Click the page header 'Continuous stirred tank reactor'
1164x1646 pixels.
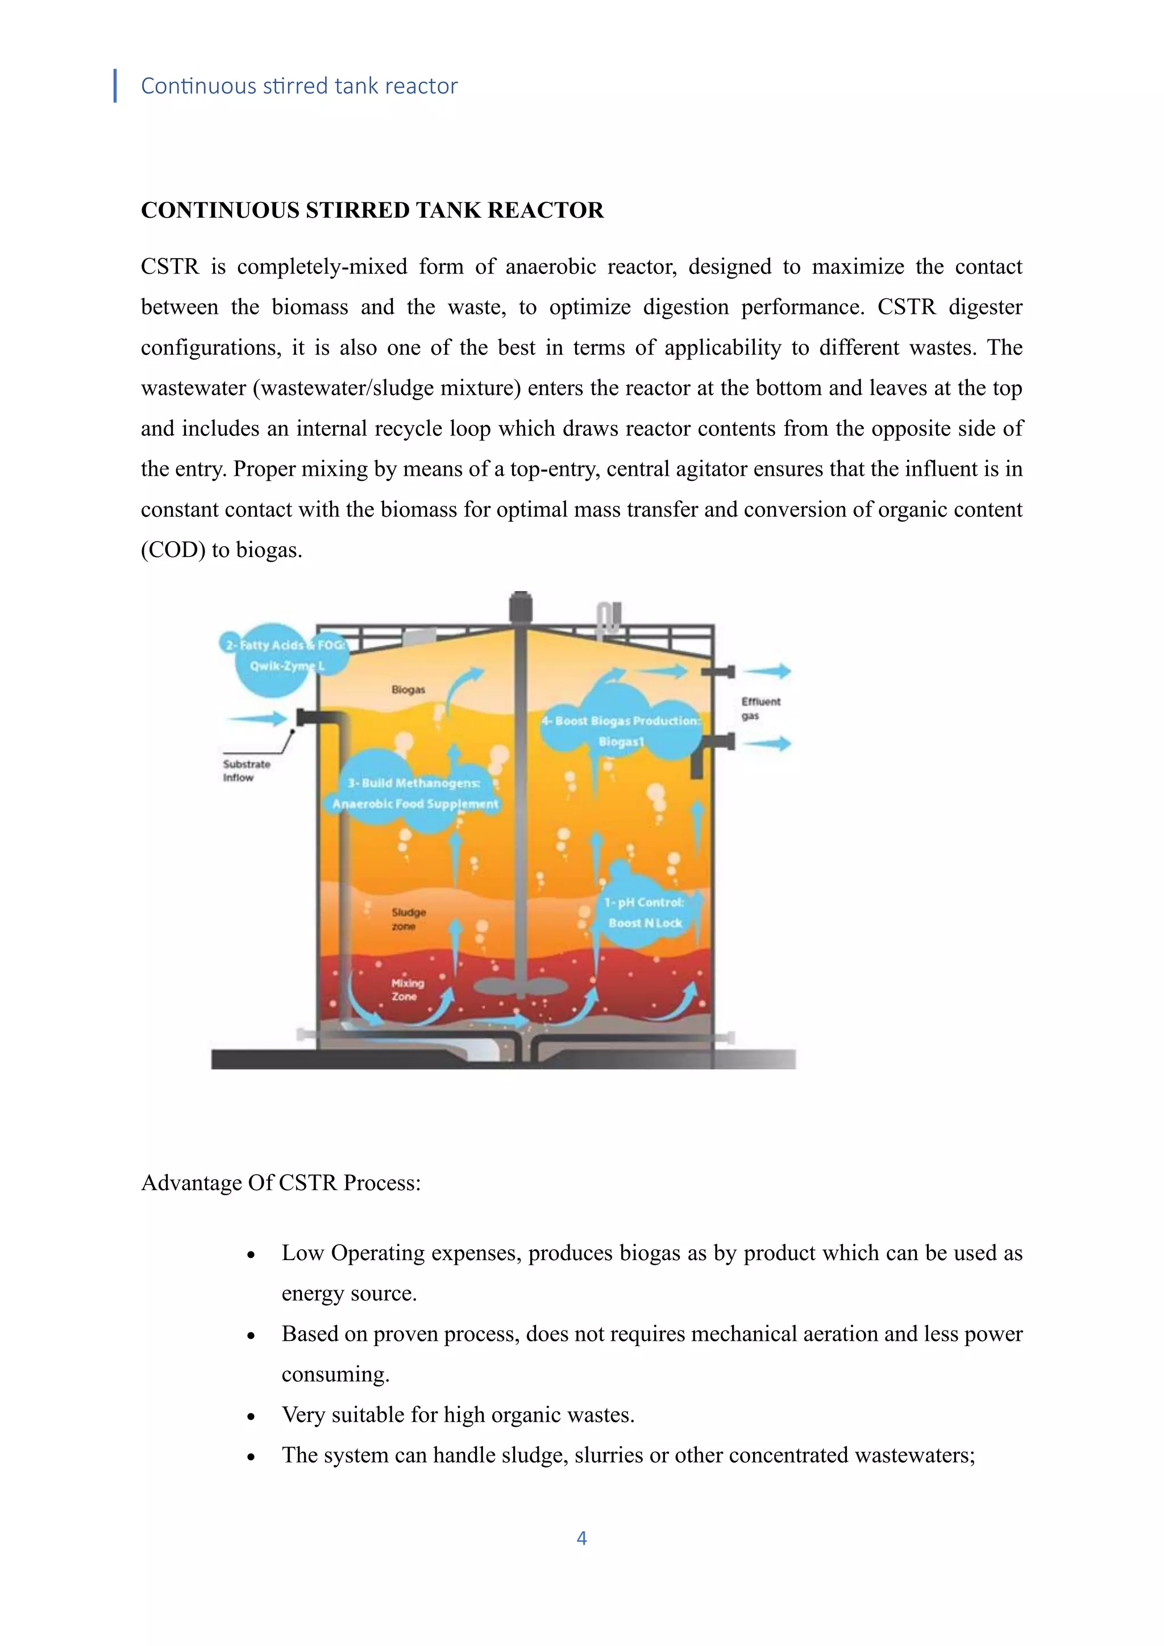click(x=299, y=86)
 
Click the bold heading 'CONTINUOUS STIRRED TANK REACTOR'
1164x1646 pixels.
click(x=372, y=210)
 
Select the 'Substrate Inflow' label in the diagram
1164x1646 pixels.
click(x=246, y=771)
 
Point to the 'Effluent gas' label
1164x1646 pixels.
click(x=760, y=708)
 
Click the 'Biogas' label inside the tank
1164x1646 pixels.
click(x=408, y=689)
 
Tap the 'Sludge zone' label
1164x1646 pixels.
click(x=408, y=918)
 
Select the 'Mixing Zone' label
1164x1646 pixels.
click(x=407, y=990)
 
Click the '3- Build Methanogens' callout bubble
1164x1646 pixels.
click(x=414, y=793)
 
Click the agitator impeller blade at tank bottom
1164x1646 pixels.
click(x=521, y=987)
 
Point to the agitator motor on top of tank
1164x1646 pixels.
click(x=521, y=608)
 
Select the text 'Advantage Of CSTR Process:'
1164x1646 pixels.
click(x=281, y=1182)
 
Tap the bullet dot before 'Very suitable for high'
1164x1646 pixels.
click(x=251, y=1416)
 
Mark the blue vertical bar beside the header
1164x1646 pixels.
click(x=115, y=86)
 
